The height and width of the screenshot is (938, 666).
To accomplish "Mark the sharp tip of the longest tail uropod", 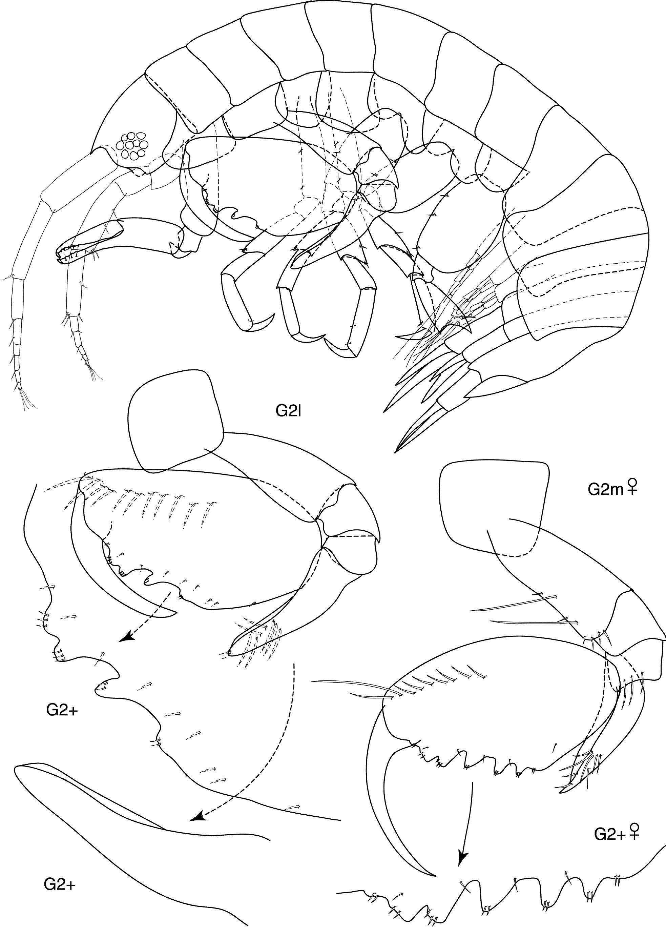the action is click(395, 453).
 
